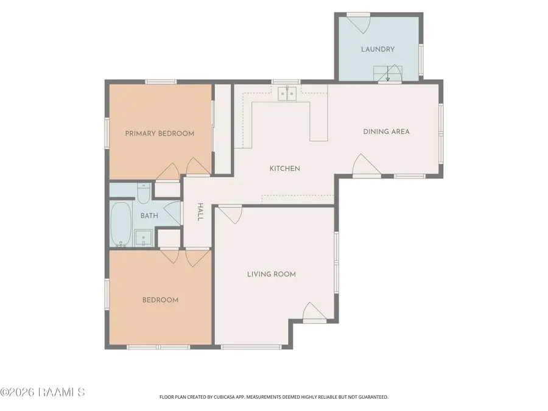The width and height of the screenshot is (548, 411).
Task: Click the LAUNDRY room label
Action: coord(378,49)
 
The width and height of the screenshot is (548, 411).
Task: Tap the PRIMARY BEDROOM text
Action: coord(160,133)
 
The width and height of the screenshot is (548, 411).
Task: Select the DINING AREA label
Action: coord(386,132)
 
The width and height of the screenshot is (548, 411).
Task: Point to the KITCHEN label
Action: coord(285,169)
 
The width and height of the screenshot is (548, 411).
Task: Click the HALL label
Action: coord(200,212)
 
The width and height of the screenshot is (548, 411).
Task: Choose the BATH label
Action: coord(149,216)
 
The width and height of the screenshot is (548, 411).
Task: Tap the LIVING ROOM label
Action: coord(272,275)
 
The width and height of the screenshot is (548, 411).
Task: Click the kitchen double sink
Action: coord(287,94)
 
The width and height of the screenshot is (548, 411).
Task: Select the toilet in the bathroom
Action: coord(143,193)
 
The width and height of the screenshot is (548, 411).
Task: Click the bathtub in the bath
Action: coord(121,224)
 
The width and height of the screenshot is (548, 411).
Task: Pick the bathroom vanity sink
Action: coord(143,237)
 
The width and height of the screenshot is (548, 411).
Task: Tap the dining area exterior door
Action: coord(367,165)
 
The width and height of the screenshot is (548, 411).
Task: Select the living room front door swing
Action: coord(315,312)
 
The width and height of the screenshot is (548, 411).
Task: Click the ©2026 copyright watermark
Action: coord(43,392)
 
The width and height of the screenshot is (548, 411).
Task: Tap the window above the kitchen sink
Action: coord(286,82)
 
